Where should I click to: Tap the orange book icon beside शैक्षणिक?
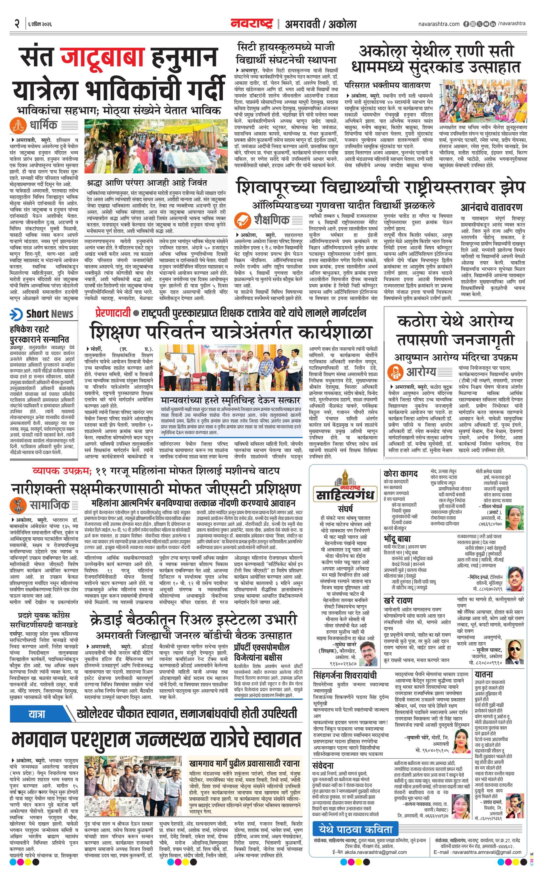(242, 219)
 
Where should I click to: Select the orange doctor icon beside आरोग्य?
(396, 371)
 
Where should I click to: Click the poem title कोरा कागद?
(400, 474)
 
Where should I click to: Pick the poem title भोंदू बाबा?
(397, 539)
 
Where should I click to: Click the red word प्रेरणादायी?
(113, 312)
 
